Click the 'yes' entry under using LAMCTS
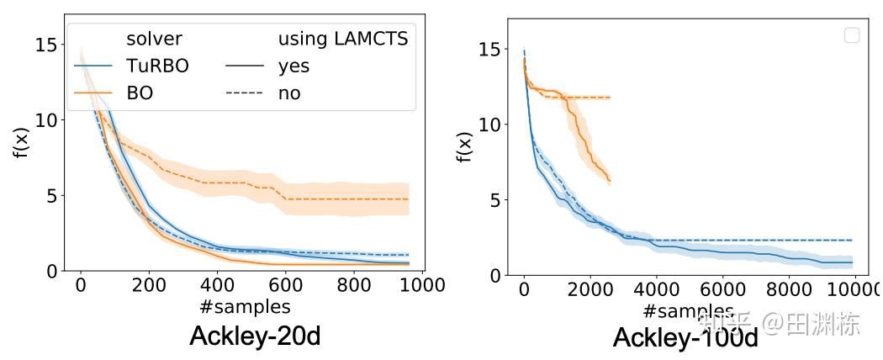pyautogui.click(x=294, y=66)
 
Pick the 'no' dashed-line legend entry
pyautogui.click(x=289, y=93)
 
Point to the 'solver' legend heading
pyautogui.click(x=155, y=39)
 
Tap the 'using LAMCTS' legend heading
pyautogui.click(x=343, y=39)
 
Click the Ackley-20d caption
pyautogui.click(x=255, y=336)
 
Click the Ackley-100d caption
pyautogui.click(x=685, y=338)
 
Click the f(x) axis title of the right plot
pyautogui.click(x=464, y=146)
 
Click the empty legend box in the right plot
pyautogui.click(x=851, y=35)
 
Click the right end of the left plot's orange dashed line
pyautogui.click(x=409, y=199)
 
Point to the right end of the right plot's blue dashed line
pyautogui.click(x=852, y=241)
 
